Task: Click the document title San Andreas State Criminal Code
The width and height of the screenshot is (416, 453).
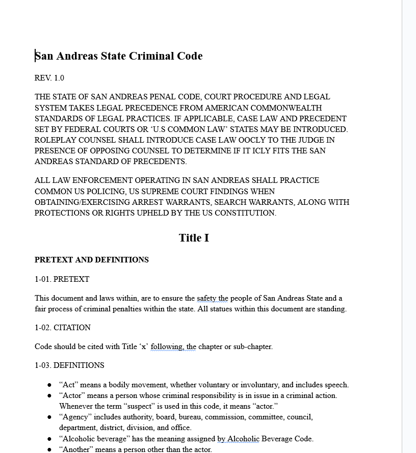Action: point(118,56)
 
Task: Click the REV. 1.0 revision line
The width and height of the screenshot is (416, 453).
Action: point(49,78)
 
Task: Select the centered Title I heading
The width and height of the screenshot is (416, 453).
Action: point(194,238)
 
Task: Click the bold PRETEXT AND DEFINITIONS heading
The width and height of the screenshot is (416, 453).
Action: point(92,260)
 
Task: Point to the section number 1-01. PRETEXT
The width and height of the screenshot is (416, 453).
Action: point(62,279)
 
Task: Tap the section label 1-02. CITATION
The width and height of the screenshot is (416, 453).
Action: point(63,328)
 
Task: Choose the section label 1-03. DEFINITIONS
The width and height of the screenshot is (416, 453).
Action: point(69,365)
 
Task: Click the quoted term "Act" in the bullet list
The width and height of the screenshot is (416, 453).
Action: point(68,385)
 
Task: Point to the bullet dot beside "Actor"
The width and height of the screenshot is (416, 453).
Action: point(49,395)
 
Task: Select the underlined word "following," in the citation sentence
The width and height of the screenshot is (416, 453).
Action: point(167,347)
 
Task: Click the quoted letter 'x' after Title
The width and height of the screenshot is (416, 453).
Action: point(144,347)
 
